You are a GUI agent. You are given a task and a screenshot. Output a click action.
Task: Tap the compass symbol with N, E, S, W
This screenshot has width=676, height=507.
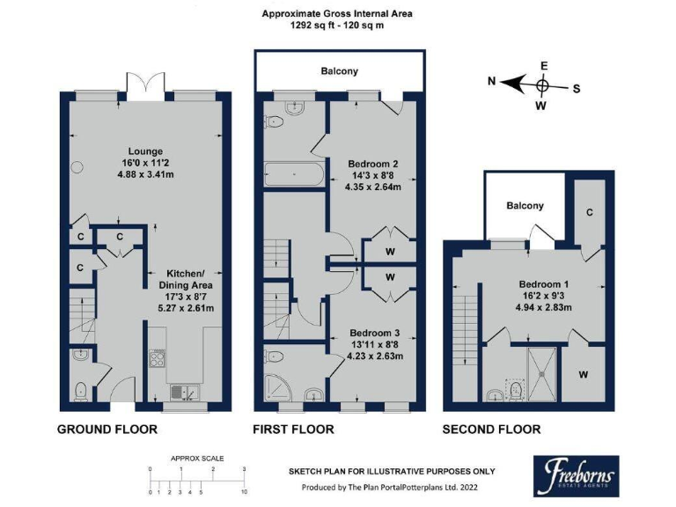pyautogui.click(x=542, y=84)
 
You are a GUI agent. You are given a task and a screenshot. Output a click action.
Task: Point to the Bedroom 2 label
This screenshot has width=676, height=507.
pyautogui.click(x=372, y=164)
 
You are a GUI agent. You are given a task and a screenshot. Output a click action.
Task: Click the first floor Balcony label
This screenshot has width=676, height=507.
pyautogui.click(x=339, y=70)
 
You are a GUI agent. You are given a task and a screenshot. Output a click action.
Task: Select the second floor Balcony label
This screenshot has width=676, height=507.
pyautogui.click(x=525, y=206)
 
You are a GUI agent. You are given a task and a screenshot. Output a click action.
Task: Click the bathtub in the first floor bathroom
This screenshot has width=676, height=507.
pyautogui.click(x=293, y=175)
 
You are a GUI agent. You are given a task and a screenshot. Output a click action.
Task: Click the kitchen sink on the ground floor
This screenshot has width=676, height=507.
pyautogui.click(x=184, y=391)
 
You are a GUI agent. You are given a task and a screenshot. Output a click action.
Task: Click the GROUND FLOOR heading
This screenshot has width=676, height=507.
pyautogui.click(x=107, y=430)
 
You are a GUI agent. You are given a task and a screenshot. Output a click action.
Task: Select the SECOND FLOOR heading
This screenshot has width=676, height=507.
pyautogui.click(x=491, y=430)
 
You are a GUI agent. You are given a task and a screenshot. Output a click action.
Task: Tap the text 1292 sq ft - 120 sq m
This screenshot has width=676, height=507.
pyautogui.click(x=337, y=26)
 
